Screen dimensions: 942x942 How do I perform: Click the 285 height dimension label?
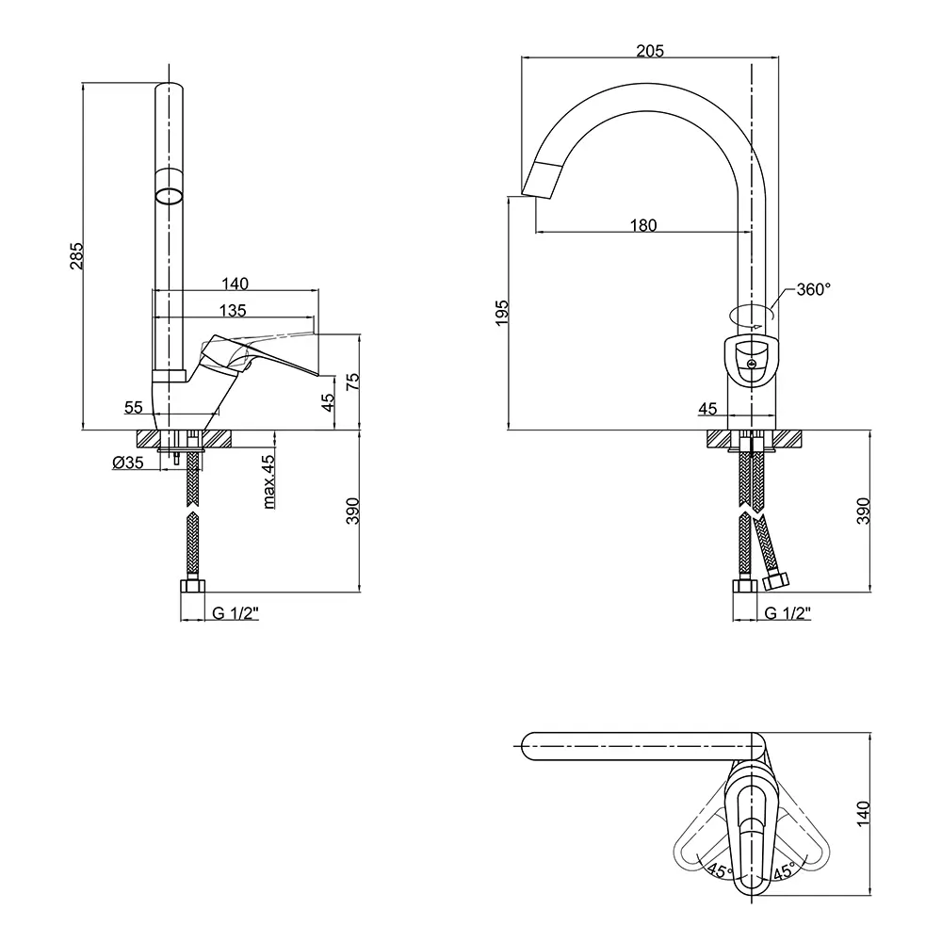77,256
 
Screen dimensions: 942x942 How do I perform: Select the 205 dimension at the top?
650,51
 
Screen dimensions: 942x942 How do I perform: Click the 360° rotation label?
813,290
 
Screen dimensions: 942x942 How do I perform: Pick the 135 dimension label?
233,310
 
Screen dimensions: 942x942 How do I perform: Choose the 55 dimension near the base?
134,408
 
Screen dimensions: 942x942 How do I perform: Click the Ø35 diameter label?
127,462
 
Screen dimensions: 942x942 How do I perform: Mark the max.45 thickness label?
268,481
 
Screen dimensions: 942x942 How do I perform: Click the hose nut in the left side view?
193,588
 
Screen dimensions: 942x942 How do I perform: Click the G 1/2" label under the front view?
788,613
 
